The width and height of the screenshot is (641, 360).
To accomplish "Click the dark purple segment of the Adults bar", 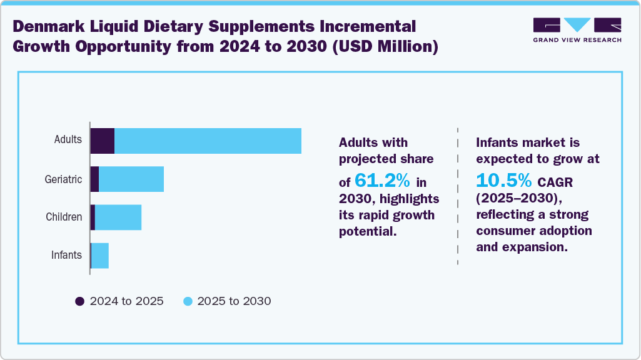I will coord(103,141).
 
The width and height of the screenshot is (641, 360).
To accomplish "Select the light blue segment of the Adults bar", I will coord(208,141).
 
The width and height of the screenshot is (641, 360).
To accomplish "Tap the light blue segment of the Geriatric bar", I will coord(131,179).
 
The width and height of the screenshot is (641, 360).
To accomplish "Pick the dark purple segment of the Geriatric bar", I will coord(95,179).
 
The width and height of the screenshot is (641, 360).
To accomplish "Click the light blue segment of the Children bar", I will coord(118,217).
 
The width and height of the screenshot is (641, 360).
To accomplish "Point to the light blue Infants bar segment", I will coord(100,256).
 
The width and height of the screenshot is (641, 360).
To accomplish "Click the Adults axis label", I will coord(68,139).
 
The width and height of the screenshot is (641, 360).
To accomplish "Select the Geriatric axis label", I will coord(63,179).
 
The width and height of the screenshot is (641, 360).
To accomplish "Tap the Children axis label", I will coord(64,217).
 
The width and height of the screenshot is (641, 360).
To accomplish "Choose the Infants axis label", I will coord(66,255).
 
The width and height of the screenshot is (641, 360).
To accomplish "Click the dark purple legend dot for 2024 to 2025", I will coord(80,301).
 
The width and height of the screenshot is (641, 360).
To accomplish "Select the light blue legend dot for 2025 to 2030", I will coord(187,301).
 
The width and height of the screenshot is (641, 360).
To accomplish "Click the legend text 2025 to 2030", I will coord(234,301).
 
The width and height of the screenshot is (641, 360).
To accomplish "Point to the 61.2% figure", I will coord(382,181).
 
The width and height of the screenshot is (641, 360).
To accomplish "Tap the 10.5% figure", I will coord(503,180).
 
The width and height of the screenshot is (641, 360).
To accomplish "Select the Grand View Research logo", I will coord(577,30).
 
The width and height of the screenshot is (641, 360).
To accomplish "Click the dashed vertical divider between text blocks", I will coord(458,194).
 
